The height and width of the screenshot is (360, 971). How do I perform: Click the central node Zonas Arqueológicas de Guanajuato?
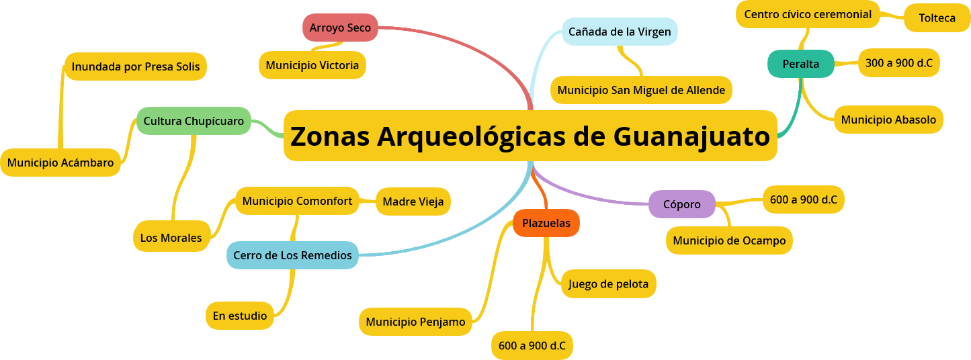point(530,136)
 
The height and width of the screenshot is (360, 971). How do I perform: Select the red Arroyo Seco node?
point(340,28)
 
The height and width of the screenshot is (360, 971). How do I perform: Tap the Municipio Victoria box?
point(312,65)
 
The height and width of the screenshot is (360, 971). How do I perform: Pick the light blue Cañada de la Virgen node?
point(619,32)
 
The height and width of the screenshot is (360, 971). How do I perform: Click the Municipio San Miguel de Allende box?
point(640,90)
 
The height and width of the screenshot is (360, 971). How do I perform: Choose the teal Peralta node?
point(800,64)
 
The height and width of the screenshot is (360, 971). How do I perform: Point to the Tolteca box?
point(937,18)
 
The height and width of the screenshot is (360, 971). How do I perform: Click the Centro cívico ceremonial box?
point(807,14)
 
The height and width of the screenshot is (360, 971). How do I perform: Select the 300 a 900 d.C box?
point(898,63)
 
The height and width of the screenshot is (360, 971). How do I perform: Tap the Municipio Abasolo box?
point(888,120)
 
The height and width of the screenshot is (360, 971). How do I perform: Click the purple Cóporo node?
point(681,204)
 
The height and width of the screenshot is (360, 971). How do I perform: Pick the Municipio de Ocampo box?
point(729,240)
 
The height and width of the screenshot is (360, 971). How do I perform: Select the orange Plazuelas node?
point(546,223)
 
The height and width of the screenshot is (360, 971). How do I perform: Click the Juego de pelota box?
point(608,283)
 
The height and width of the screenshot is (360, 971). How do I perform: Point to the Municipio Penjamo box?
point(415,322)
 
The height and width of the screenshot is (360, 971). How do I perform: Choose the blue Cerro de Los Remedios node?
point(292,255)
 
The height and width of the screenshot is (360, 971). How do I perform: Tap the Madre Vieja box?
point(413,201)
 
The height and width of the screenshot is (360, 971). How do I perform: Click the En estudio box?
point(239,316)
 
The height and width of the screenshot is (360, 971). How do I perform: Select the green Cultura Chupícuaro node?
point(194,121)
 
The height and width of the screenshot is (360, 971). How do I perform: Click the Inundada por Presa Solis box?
point(135,67)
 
